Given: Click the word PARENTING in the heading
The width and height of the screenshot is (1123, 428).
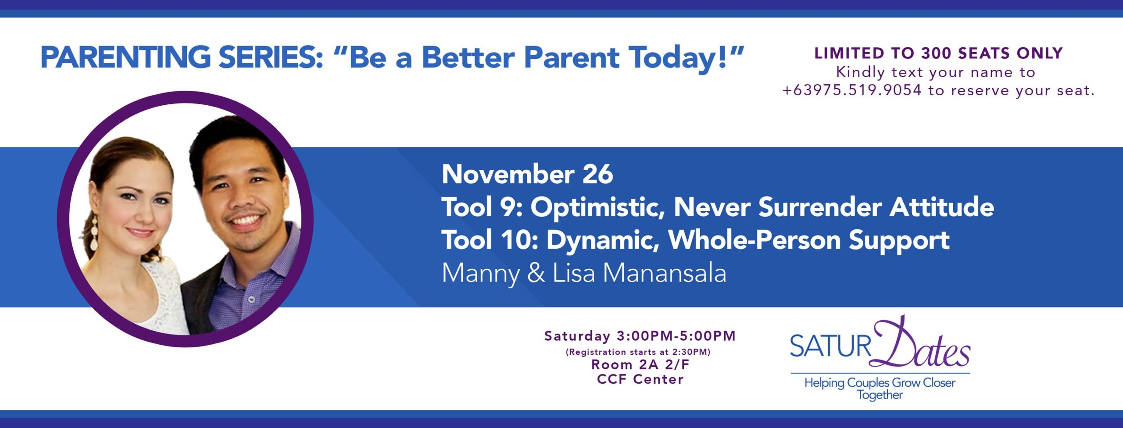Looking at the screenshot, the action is [125, 57].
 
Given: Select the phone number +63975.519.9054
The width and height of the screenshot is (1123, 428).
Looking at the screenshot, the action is [852, 90].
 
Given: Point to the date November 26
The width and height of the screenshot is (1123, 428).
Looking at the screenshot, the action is [527, 174].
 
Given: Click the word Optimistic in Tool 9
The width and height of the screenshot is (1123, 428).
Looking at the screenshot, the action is [597, 207].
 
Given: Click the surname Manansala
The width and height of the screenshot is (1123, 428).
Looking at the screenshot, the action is [665, 273].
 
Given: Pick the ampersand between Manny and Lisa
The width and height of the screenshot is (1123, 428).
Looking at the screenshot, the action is [536, 273].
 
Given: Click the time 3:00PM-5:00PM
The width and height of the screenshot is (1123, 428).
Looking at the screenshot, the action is [676, 336].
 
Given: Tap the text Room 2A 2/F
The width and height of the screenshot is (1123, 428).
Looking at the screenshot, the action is [640, 364].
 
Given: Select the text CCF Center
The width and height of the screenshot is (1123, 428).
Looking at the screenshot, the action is [640, 379].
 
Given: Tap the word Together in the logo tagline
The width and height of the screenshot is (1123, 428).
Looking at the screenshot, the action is [880, 395].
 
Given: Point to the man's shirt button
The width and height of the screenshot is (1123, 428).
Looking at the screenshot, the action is [251, 299].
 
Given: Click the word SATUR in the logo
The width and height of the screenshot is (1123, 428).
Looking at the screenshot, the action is [830, 346].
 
